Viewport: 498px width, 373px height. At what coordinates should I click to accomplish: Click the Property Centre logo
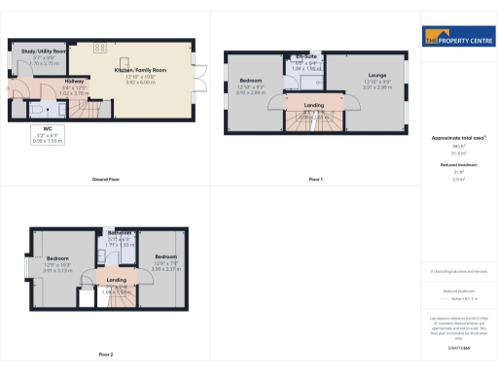(455, 39)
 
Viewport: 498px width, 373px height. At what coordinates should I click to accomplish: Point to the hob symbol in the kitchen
(98, 48)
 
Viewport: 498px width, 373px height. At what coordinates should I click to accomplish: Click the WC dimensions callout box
(48, 137)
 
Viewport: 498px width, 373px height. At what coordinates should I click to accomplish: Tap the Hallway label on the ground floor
(75, 82)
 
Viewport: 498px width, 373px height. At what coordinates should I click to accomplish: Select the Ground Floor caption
(105, 180)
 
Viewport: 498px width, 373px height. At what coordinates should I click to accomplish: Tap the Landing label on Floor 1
(313, 104)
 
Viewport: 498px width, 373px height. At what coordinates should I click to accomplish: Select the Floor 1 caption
(315, 180)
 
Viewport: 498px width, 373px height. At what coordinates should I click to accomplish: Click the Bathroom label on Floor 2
(120, 233)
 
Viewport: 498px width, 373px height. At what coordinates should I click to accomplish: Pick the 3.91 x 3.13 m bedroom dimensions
(59, 271)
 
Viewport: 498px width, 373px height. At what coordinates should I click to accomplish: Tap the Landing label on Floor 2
(117, 280)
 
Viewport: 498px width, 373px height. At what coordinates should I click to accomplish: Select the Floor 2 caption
(105, 354)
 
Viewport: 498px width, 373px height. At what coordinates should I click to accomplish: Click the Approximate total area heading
(455, 139)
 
